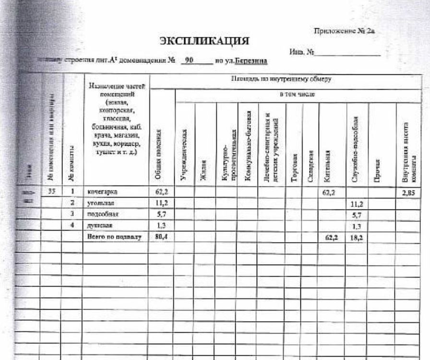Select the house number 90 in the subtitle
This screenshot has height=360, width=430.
pos(189,61)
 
